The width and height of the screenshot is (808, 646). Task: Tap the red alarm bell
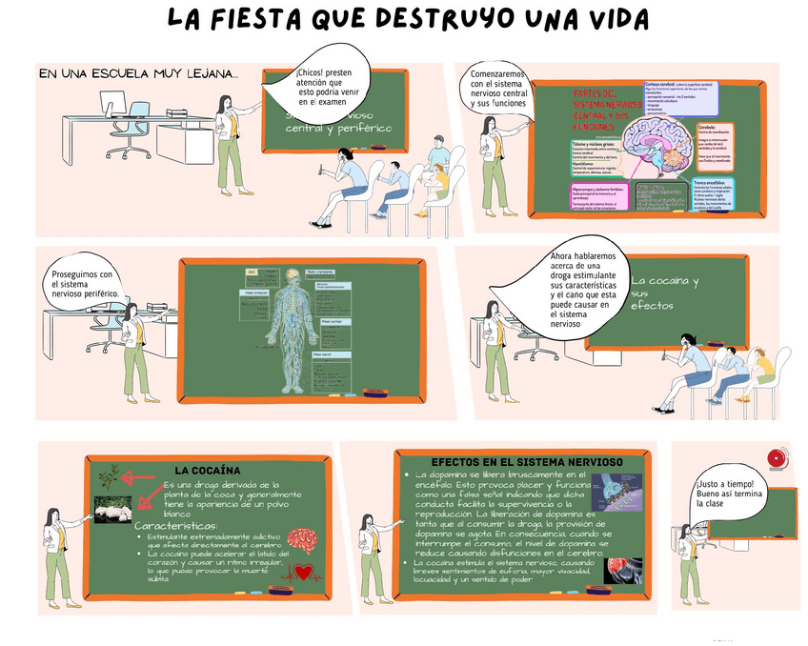777,458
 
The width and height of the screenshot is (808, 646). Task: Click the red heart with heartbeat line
304,573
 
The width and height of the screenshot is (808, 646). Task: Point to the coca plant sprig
111,474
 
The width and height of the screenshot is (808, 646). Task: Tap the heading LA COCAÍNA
207,470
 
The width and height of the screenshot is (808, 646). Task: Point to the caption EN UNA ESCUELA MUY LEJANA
138,73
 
